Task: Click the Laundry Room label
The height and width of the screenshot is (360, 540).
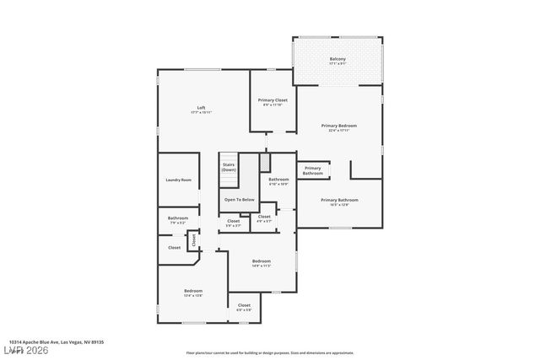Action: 178,180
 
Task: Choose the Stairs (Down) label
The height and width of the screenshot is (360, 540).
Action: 229,167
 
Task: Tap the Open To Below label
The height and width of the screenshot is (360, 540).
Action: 239,200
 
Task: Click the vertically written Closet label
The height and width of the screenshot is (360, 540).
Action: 193,239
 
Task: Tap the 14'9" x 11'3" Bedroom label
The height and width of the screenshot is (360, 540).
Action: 262,263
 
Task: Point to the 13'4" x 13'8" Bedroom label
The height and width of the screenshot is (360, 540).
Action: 193,293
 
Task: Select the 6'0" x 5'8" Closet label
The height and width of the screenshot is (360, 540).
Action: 244,307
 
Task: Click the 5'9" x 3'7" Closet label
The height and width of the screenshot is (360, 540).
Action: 234,223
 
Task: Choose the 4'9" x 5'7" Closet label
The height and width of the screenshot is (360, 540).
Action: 264,218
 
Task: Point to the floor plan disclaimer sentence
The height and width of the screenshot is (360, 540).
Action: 269,352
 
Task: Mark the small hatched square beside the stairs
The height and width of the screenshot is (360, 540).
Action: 264,162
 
